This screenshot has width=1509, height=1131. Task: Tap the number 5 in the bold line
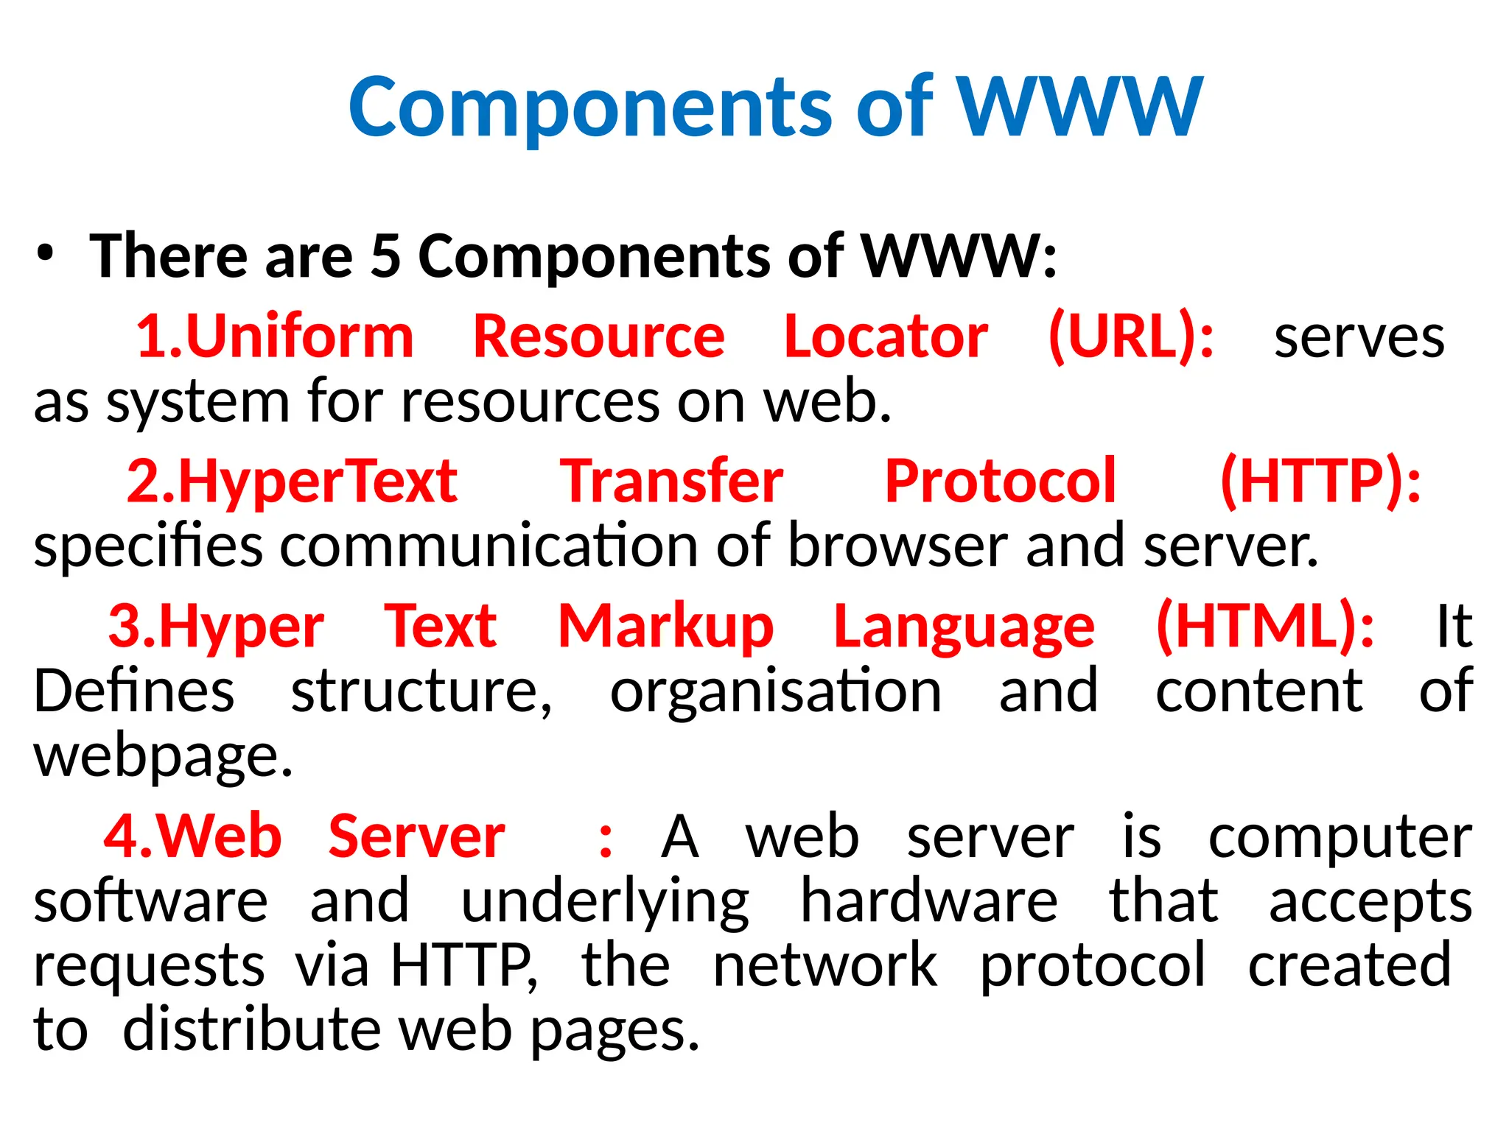pyautogui.click(x=385, y=256)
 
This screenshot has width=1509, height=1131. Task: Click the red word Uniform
pyautogui.click(x=300, y=337)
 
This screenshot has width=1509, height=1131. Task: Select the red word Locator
pyautogui.click(x=886, y=337)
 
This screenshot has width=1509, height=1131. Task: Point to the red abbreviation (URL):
pyautogui.click(x=1131, y=337)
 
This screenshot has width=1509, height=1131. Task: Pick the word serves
pyautogui.click(x=1359, y=339)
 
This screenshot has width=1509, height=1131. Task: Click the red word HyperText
pyautogui.click(x=317, y=482)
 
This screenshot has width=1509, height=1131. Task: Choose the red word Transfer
pyautogui.click(x=671, y=482)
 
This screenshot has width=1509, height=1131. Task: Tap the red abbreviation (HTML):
pyautogui.click(x=1264, y=626)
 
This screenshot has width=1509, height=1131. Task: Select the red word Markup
pyautogui.click(x=665, y=626)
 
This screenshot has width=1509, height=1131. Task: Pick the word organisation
pyautogui.click(x=775, y=692)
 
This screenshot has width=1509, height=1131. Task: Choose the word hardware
pyautogui.click(x=929, y=901)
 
